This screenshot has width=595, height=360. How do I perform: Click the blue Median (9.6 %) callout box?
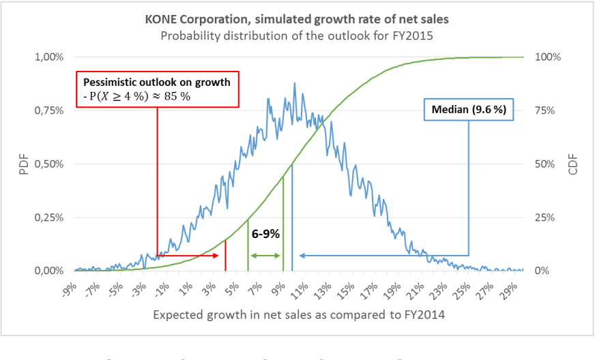(469, 109)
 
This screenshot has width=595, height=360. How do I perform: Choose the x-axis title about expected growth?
(298, 315)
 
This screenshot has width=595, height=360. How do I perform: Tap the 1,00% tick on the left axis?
(50, 57)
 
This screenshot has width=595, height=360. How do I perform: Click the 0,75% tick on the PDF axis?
(50, 110)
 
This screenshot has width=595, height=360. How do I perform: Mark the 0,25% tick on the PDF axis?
(50, 217)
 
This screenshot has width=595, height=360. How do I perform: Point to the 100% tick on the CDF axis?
(547, 57)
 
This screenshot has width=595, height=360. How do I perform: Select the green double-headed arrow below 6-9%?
(265, 256)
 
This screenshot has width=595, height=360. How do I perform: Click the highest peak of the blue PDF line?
(295, 83)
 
